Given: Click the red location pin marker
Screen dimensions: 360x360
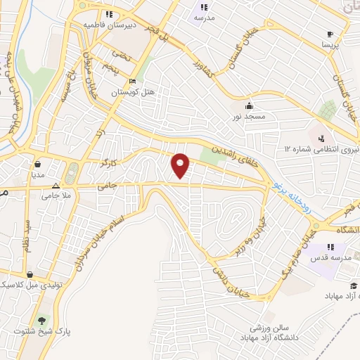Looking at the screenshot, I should [181, 166].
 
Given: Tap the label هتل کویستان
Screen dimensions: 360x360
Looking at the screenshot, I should [129, 92].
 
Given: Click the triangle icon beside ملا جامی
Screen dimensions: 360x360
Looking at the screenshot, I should [56, 186].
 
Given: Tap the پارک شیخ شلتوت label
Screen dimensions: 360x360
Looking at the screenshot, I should [44, 330].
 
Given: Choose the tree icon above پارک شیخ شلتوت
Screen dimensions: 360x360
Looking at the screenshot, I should [41, 319].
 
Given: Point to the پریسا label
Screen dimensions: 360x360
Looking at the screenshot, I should [330, 44].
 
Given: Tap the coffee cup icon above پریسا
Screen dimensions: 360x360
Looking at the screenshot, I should [330, 34].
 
